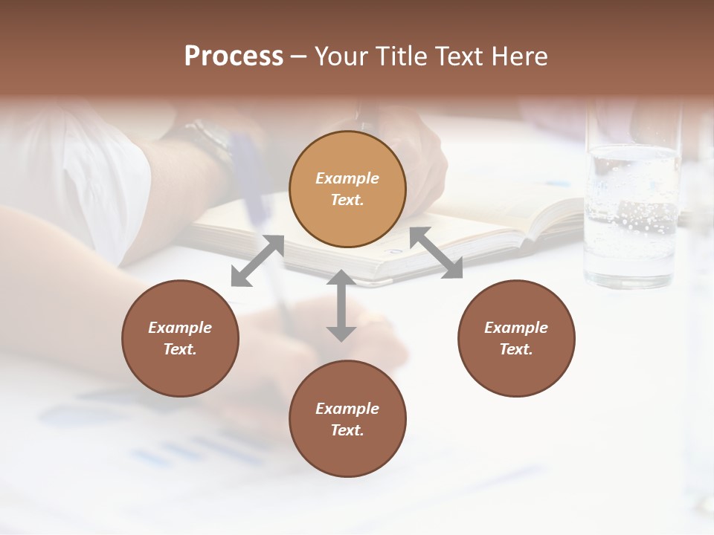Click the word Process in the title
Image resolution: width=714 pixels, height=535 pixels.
(x=234, y=56)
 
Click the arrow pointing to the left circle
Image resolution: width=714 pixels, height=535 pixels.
(x=257, y=260)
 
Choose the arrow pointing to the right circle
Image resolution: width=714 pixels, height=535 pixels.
(x=436, y=253)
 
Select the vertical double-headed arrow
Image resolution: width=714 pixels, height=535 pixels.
(x=341, y=305)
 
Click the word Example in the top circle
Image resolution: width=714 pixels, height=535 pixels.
(x=347, y=178)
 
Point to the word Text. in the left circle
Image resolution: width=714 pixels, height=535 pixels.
(x=180, y=349)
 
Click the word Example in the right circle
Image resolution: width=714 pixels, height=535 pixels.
(x=516, y=328)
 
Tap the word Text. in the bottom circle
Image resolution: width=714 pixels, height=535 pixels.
(x=347, y=430)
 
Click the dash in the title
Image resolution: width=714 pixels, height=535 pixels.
(x=299, y=56)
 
